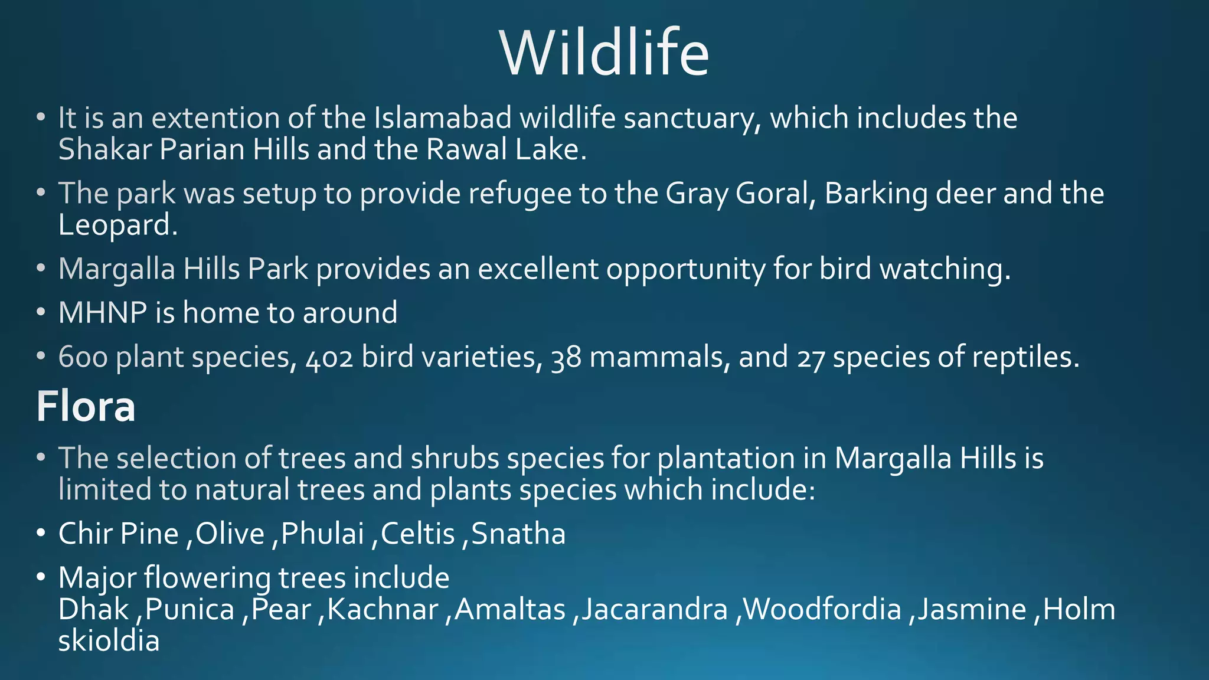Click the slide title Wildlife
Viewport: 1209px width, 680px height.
tap(604, 53)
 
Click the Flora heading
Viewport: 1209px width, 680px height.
tap(86, 407)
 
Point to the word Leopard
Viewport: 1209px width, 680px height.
tap(117, 225)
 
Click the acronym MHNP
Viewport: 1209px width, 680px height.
tap(102, 313)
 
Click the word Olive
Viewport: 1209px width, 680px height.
tap(230, 534)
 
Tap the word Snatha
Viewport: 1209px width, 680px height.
tap(518, 534)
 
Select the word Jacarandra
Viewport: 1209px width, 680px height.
tap(654, 610)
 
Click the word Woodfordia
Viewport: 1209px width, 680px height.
tap(822, 610)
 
